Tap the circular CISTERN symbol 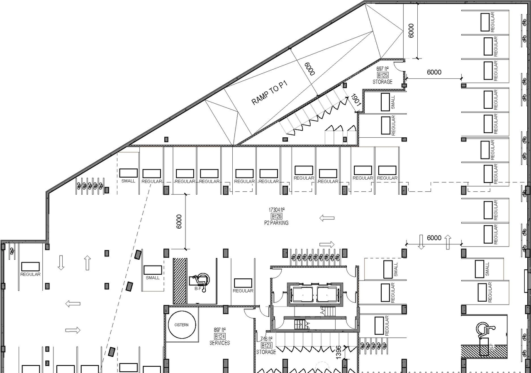coord(181,325)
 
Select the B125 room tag coord(382,75)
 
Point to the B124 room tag coord(219,336)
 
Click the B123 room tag coord(266,345)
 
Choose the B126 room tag coord(276,216)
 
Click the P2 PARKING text coord(276,223)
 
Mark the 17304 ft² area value coord(277,210)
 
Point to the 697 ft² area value coord(382,68)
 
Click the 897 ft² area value coord(219,329)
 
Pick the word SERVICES coord(219,343)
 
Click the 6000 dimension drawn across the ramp coord(309,68)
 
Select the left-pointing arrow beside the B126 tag coord(327,218)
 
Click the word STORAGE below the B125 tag coord(382,82)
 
